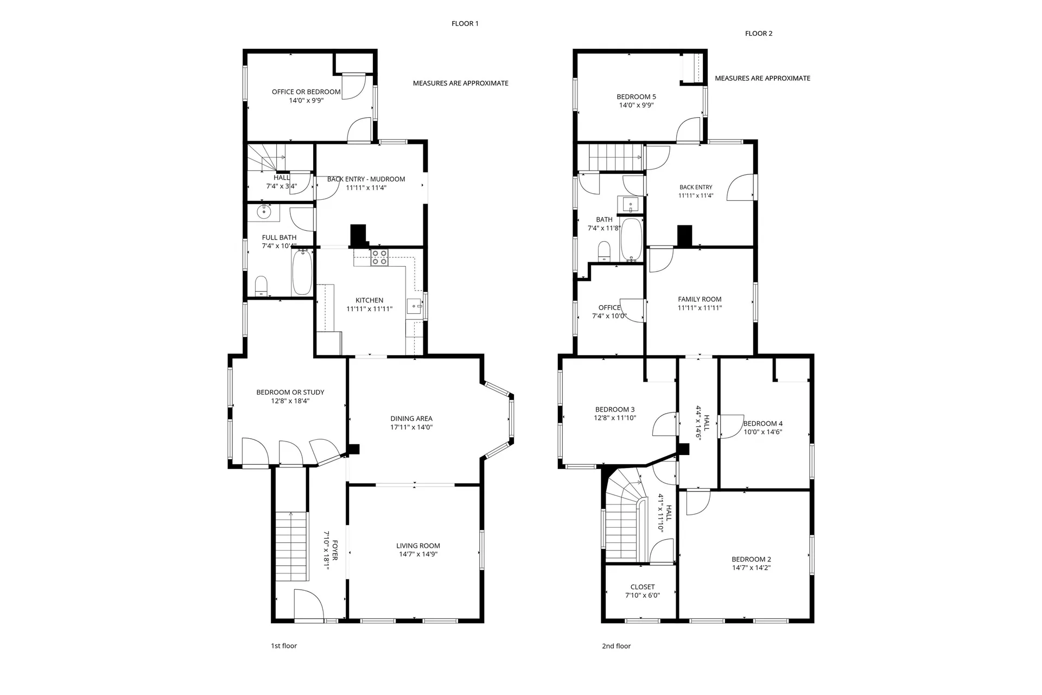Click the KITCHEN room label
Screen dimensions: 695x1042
(x=369, y=300)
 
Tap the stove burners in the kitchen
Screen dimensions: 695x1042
(x=379, y=257)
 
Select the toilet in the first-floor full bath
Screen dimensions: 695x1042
(x=261, y=285)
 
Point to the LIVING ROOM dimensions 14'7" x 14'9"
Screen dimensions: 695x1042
(x=418, y=554)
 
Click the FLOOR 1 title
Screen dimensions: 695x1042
(x=465, y=23)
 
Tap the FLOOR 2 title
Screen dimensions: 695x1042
(x=759, y=33)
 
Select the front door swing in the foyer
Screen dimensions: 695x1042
(x=307, y=604)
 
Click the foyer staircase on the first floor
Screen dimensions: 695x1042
(x=291, y=546)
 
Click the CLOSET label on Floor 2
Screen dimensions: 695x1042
(x=643, y=587)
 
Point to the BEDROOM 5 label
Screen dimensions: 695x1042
(x=636, y=97)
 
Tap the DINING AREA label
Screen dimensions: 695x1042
(x=411, y=419)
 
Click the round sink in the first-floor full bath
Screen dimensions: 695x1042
(x=264, y=212)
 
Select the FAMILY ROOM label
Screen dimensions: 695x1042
(x=700, y=299)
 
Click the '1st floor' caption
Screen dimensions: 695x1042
(x=284, y=646)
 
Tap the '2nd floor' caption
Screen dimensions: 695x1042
(x=616, y=646)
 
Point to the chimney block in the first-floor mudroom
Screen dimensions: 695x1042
(x=358, y=235)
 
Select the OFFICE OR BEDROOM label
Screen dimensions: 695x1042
(x=306, y=92)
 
